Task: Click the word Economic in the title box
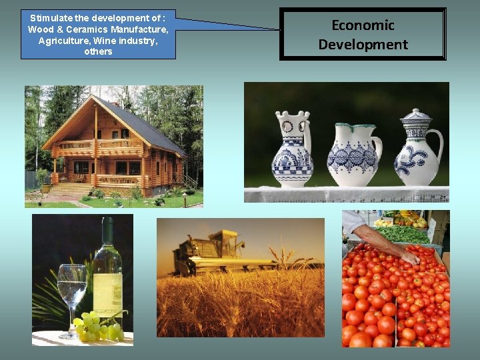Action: [x=363, y=25]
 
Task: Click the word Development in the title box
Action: [x=363, y=45]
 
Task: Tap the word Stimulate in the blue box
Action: [x=53, y=18]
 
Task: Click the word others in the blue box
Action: [x=98, y=52]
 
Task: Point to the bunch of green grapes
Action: [x=97, y=327]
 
